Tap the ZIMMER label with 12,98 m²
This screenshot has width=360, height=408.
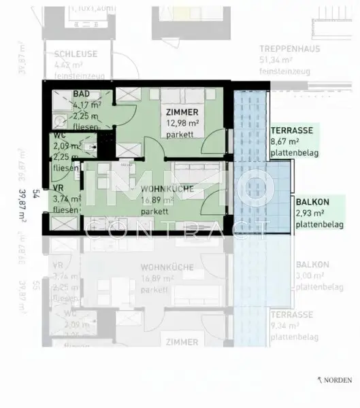182,112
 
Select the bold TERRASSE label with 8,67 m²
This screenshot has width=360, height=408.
291,130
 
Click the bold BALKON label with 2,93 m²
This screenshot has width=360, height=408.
313,202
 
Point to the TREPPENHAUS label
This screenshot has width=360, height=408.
290,49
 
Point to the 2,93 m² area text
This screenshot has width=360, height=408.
310,214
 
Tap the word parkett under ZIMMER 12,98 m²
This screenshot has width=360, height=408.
180,134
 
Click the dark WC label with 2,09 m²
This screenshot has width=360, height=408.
61,136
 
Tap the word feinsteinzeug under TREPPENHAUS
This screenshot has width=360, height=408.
285,71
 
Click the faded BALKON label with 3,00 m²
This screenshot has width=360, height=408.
312,265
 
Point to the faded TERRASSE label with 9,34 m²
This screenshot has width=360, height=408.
291,316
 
